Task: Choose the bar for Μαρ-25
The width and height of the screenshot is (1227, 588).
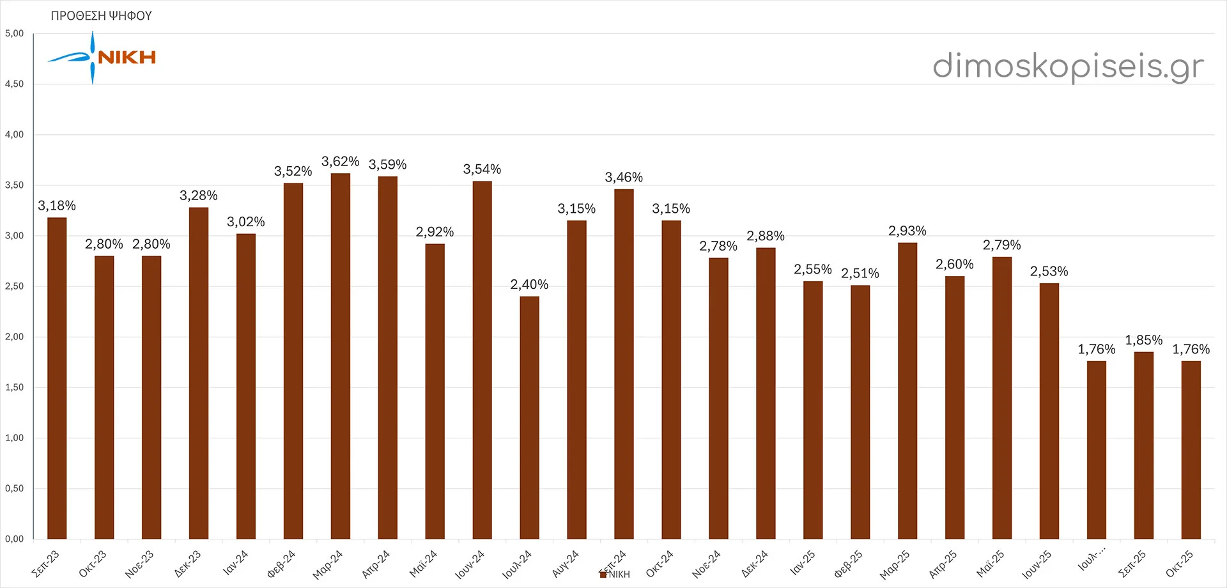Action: tap(907, 391)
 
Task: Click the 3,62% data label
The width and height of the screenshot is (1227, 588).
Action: tap(340, 162)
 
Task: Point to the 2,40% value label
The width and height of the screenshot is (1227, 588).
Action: tap(529, 284)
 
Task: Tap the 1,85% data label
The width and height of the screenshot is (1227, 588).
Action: tap(1144, 340)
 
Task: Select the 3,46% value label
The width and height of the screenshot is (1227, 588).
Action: tap(624, 177)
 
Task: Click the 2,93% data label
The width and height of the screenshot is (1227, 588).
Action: tap(907, 231)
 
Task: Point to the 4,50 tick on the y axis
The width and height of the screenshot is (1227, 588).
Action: tap(14, 84)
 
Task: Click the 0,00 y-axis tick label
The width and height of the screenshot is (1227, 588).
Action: tap(14, 539)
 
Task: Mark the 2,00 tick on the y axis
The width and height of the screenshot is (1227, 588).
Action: tap(14, 337)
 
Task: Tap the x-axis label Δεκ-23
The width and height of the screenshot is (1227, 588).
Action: tap(188, 564)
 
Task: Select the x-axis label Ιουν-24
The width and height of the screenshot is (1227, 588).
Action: tap(470, 565)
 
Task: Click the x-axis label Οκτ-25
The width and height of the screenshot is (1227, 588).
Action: tap(1179, 564)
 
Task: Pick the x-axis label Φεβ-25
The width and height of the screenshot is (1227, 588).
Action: tap(849, 564)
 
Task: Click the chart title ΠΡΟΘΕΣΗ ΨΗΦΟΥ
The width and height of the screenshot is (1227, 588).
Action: tap(101, 16)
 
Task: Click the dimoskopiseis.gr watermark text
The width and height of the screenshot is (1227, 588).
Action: tap(1068, 66)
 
